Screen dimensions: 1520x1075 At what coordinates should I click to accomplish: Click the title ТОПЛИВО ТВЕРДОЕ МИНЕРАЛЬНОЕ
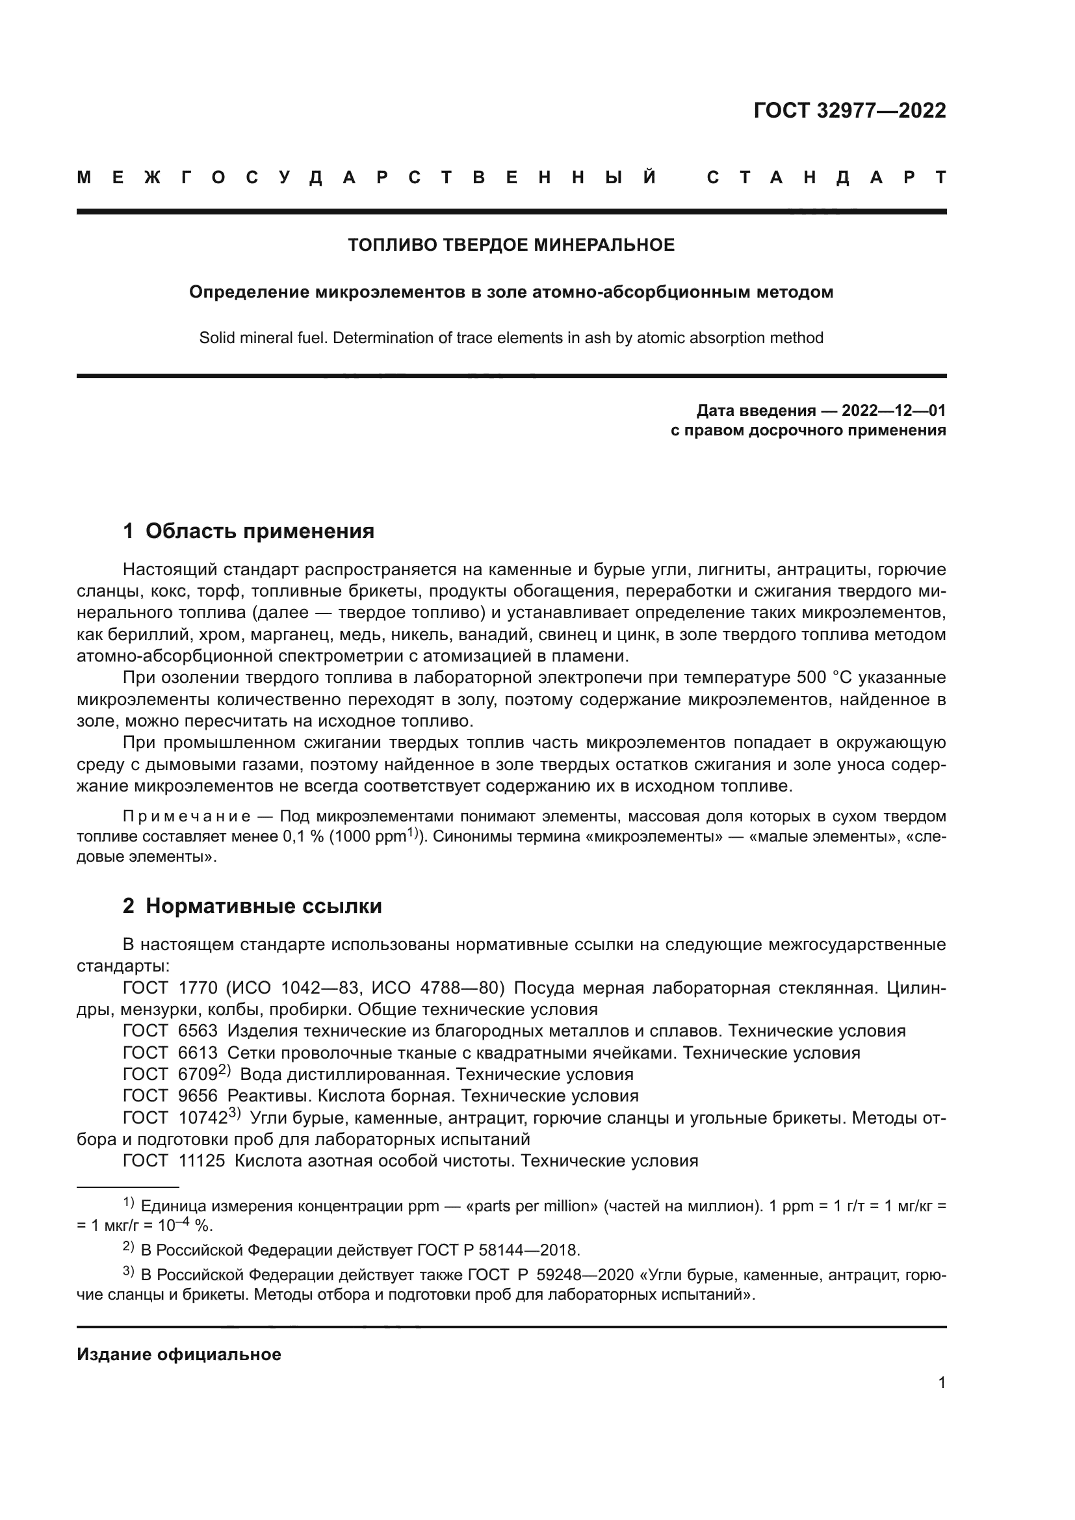511,246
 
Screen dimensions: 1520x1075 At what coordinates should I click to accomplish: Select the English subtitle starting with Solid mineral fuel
511,339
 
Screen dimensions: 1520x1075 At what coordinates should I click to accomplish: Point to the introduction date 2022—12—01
894,411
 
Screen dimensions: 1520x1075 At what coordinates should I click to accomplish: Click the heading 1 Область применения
248,532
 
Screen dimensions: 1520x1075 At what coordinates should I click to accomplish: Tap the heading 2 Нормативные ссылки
252,907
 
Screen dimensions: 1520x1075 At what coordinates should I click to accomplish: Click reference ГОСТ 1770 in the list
170,988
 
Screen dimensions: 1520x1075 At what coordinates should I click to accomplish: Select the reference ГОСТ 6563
170,1031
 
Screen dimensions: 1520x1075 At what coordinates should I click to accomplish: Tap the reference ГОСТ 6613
170,1053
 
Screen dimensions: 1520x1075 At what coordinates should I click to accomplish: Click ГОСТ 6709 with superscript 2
175,1074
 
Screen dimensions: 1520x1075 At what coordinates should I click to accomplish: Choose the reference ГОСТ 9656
170,1096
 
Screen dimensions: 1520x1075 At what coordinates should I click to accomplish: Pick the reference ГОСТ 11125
174,1161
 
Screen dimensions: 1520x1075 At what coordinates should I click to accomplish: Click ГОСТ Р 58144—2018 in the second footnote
498,1250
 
